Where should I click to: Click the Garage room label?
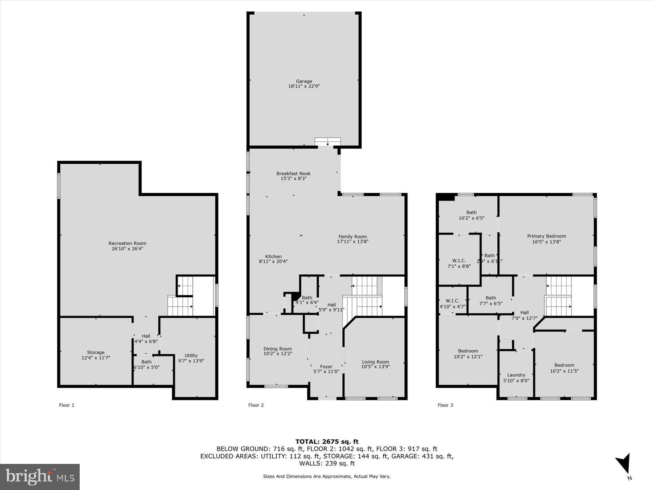click(x=304, y=81)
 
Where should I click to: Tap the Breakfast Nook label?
click(x=293, y=174)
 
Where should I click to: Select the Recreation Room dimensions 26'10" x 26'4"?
click(x=127, y=248)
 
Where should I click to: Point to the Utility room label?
click(x=191, y=355)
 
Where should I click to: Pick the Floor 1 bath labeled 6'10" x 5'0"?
click(x=146, y=365)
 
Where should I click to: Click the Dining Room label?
click(x=278, y=349)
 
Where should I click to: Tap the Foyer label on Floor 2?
click(x=326, y=367)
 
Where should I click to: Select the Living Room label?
click(x=375, y=362)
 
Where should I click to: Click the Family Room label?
click(x=352, y=236)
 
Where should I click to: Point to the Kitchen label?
click(x=273, y=256)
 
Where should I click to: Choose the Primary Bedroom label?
click(x=546, y=236)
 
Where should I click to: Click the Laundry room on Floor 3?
click(x=516, y=375)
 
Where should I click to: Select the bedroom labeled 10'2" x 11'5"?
click(x=564, y=368)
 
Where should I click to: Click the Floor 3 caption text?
click(x=445, y=405)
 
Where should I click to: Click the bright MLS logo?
click(x=40, y=477)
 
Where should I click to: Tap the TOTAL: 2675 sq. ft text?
click(x=327, y=441)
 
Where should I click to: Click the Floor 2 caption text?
click(x=256, y=405)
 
